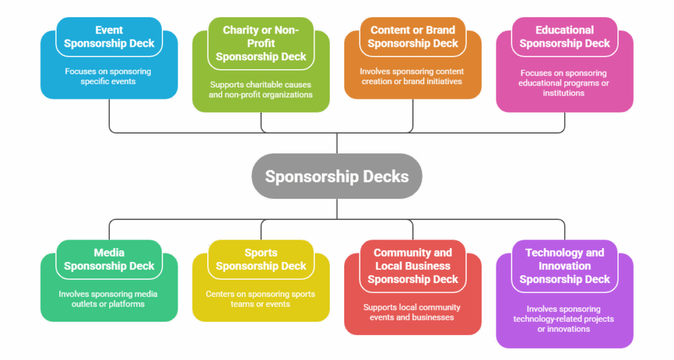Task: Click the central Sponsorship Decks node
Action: coord(336,176)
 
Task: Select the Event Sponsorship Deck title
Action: coord(109,37)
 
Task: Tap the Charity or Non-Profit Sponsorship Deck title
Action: coord(261,43)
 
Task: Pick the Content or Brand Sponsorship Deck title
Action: coord(413,37)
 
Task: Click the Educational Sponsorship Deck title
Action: coord(565,37)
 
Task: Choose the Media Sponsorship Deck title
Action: coord(109,259)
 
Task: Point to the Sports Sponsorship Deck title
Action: coord(261,259)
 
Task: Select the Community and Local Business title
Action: coord(413,259)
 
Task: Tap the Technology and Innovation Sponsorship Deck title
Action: coord(565,266)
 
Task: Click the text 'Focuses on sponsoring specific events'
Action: coord(108,76)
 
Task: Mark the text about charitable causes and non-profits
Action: coord(261,90)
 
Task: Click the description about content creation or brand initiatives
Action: coord(413,76)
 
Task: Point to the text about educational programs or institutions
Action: coord(563,83)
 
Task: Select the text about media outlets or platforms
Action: coord(108,299)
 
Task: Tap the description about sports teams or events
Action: coord(261,299)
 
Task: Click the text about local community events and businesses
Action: coord(412,312)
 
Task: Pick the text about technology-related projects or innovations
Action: coord(563,319)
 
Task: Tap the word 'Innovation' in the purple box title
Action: coord(565,266)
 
